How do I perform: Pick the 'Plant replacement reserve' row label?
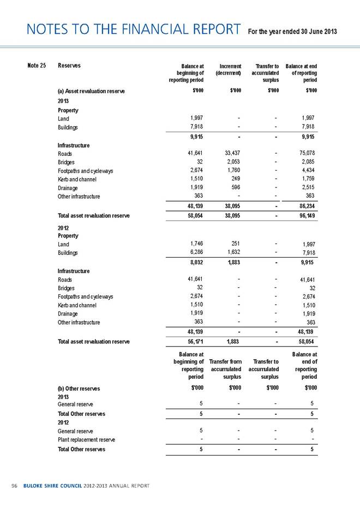coord(89,439)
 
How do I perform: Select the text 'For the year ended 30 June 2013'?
coord(293,30)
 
